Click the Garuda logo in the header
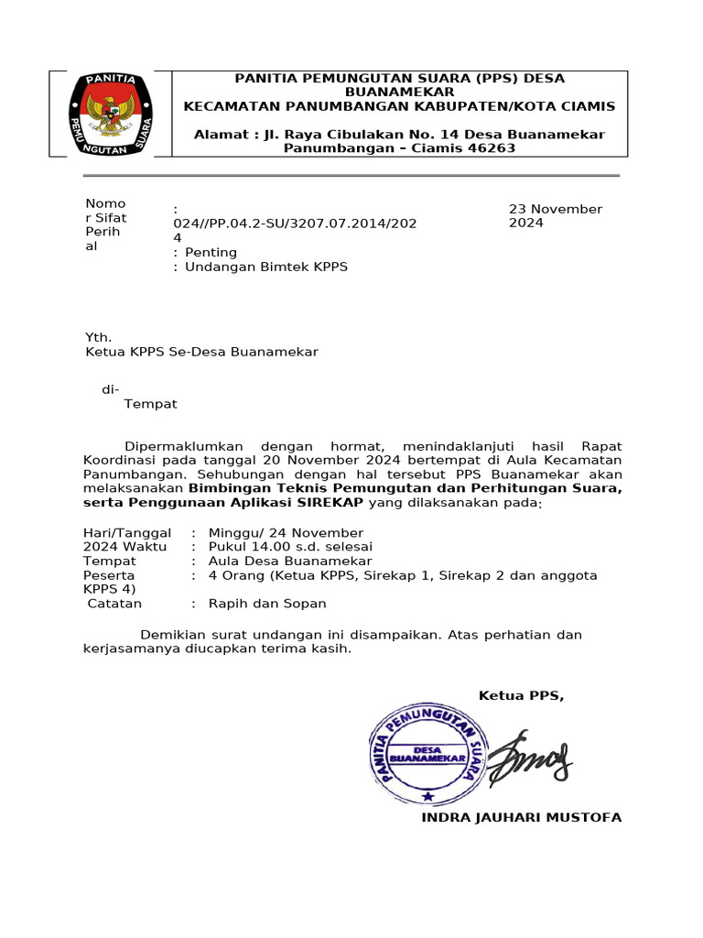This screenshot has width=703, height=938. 112,114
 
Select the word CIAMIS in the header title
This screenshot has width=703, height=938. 584,106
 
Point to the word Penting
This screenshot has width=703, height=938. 211,252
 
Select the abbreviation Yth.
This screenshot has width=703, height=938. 98,337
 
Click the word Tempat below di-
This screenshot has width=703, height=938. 150,404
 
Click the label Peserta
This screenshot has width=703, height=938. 109,575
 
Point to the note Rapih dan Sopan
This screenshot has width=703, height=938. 267,604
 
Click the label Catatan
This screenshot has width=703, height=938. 114,604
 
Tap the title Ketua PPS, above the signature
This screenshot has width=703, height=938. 521,696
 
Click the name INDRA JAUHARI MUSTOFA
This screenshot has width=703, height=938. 521,817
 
